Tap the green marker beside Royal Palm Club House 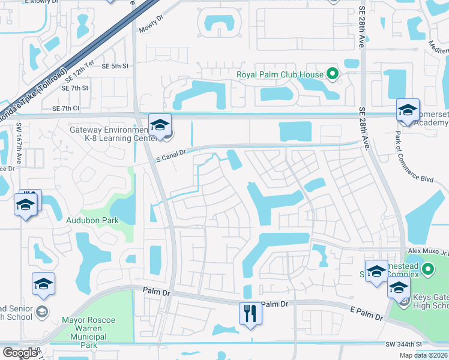[x=332, y=75]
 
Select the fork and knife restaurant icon [x=250, y=313]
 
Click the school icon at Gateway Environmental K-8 [x=160, y=125]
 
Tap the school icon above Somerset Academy [x=408, y=110]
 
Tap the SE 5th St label [x=115, y=66]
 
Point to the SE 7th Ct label [x=66, y=109]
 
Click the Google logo [x=20, y=353]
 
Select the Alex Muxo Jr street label [x=427, y=253]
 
